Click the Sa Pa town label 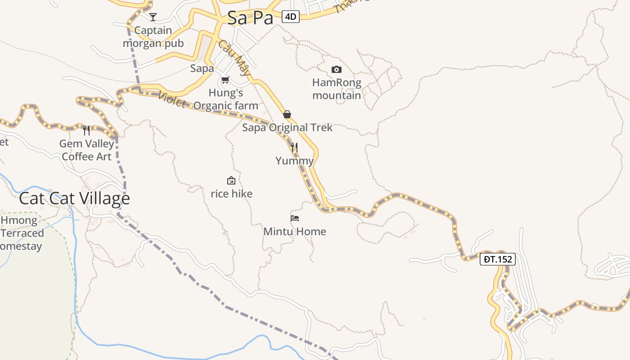(x=250, y=18)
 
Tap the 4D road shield (x=291, y=17)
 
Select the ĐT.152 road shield (x=497, y=259)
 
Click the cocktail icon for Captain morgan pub (x=153, y=17)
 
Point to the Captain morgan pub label (x=153, y=37)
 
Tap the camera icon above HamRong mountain (x=336, y=69)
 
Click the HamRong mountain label (x=337, y=89)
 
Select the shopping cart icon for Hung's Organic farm (x=225, y=80)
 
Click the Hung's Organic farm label (x=226, y=99)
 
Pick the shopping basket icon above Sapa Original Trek (x=287, y=114)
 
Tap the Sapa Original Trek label (x=287, y=127)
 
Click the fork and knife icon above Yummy (x=294, y=148)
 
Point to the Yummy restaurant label (x=294, y=161)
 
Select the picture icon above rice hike (x=231, y=180)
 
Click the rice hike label (x=231, y=194)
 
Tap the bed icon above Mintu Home (x=295, y=218)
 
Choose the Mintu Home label (x=295, y=232)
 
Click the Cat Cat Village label (x=75, y=198)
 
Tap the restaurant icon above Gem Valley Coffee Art (x=86, y=130)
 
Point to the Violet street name (x=172, y=100)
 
